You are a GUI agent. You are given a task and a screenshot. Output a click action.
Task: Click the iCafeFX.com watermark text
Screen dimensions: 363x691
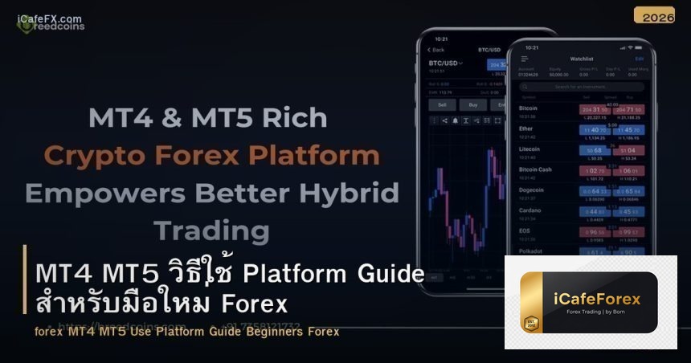click(x=49, y=18)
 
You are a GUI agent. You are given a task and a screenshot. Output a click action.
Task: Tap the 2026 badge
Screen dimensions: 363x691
click(x=654, y=15)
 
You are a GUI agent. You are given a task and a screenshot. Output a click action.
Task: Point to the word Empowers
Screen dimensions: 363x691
click(x=95, y=193)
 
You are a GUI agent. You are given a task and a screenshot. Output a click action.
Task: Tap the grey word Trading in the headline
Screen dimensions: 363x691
click(x=211, y=230)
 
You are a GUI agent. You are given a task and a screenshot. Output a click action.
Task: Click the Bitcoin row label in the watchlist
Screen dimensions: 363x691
click(x=529, y=108)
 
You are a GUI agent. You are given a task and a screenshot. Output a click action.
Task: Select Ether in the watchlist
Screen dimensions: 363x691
click(x=525, y=128)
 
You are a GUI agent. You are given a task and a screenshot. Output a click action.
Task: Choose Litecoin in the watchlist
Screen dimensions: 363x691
click(x=529, y=149)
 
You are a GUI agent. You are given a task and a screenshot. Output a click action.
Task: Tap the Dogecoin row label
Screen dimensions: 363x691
click(x=531, y=190)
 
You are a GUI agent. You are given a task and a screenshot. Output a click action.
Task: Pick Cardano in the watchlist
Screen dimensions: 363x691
click(x=529, y=210)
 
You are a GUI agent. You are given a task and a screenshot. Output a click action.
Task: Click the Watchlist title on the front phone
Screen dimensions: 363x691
click(x=581, y=59)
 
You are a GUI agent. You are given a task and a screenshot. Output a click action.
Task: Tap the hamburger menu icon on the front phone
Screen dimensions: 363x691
click(x=525, y=59)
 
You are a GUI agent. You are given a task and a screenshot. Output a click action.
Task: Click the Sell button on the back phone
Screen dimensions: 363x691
click(x=441, y=104)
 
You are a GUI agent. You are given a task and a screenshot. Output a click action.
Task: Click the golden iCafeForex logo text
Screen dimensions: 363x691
click(x=597, y=300)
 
